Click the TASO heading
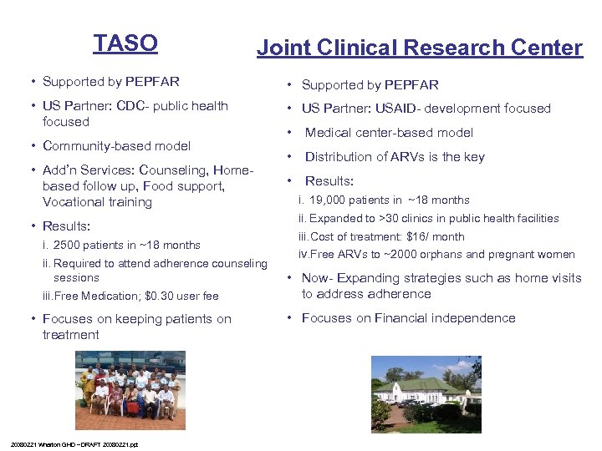pos(125,43)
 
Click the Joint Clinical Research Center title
pos(419,48)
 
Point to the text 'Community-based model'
pos(116,146)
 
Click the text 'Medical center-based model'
pos(389,133)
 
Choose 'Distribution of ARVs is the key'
pos(395,157)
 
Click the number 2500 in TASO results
pos(69,246)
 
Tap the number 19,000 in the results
pos(327,200)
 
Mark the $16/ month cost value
pos(435,236)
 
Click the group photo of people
pos(125,385)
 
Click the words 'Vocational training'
pos(97,202)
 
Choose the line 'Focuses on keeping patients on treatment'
pos(136,327)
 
